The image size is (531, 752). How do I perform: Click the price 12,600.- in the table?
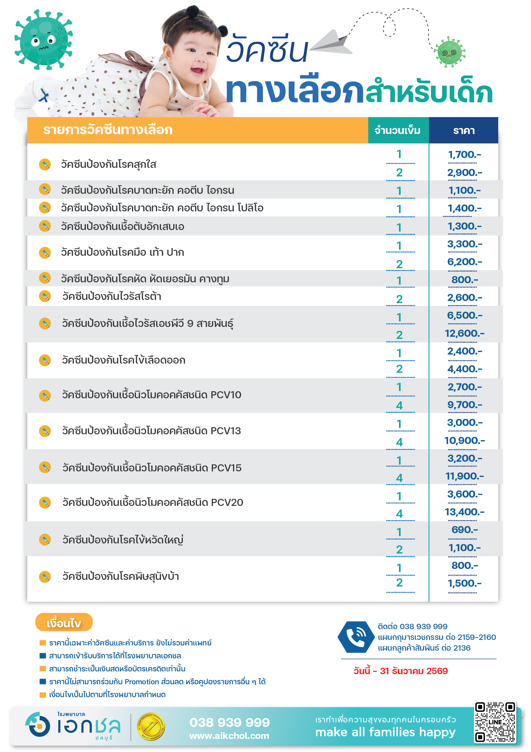pyautogui.click(x=464, y=333)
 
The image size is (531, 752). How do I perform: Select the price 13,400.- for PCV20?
pyautogui.click(x=464, y=512)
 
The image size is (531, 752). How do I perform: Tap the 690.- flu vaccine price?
pyautogui.click(x=464, y=530)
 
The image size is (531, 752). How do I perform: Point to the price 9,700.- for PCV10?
pyautogui.click(x=464, y=405)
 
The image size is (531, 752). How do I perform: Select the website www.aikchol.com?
pyautogui.click(x=229, y=736)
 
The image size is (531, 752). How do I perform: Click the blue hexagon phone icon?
pyautogui.click(x=356, y=637)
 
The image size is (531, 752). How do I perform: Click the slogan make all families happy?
pyautogui.click(x=385, y=732)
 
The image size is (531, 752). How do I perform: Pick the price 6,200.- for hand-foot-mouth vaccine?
pyautogui.click(x=464, y=262)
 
